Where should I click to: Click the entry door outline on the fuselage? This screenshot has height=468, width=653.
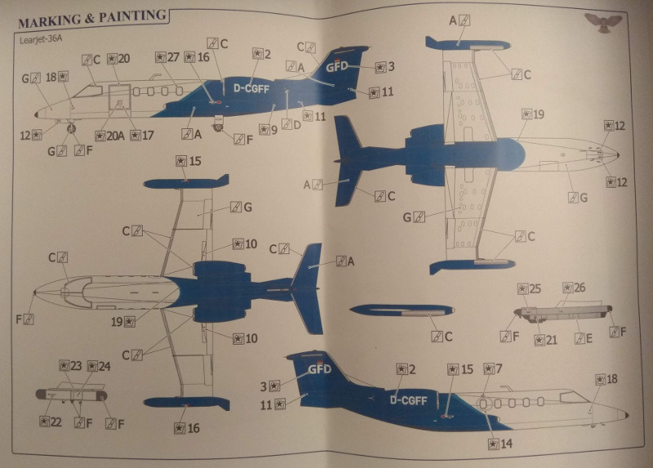click(x=120, y=100)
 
